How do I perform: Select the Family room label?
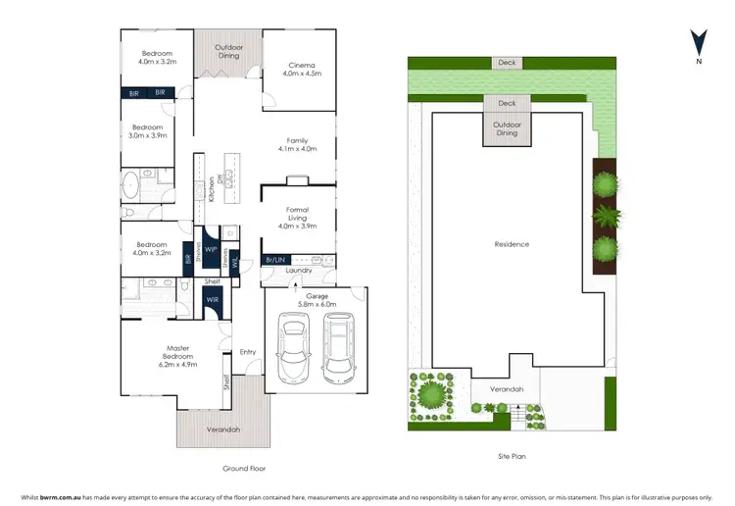coord(297,145)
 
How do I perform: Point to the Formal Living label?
coord(297,216)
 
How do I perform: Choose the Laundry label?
coord(299,271)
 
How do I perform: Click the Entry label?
coord(247,351)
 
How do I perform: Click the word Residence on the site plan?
coord(511,244)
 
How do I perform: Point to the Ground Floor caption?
coord(243,468)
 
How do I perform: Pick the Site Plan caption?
coord(511,457)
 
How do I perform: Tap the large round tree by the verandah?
coord(431,394)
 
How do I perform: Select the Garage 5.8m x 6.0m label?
coord(317,299)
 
